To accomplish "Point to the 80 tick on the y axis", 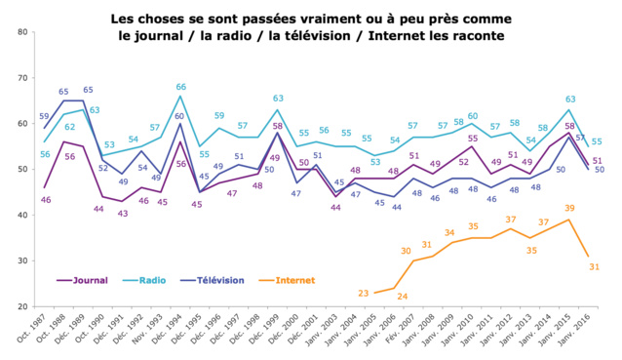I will coord(21,32).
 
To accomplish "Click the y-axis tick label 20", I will coord(21,306).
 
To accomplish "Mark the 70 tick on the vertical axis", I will coord(21,78).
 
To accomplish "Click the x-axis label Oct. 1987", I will coord(32,333).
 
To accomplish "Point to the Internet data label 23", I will coord(364,293).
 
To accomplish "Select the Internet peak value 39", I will coord(569,209).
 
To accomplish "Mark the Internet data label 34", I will coord(448,232).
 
